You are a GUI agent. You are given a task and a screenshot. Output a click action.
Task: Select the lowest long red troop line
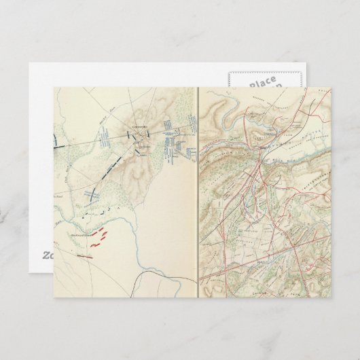tap(85, 256)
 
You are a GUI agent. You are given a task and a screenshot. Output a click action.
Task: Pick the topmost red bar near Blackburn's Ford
tap(103, 230)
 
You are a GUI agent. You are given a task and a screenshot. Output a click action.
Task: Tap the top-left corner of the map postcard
tap(54, 88)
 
